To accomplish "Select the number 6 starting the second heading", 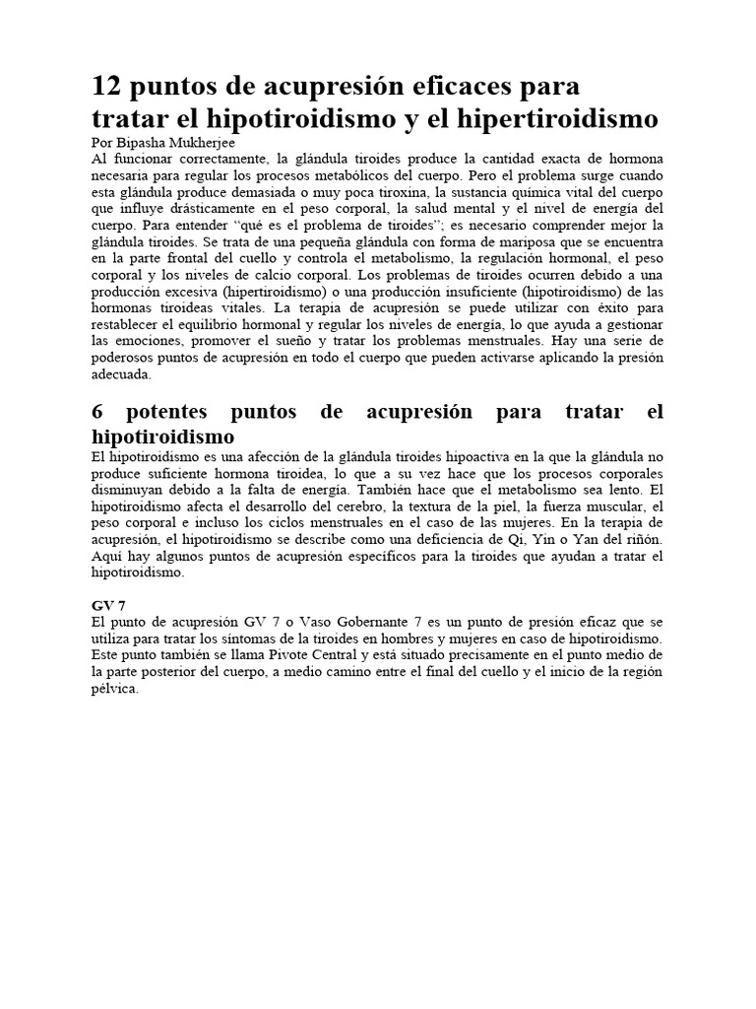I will coord(97,412).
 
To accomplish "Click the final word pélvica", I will coord(116,689).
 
